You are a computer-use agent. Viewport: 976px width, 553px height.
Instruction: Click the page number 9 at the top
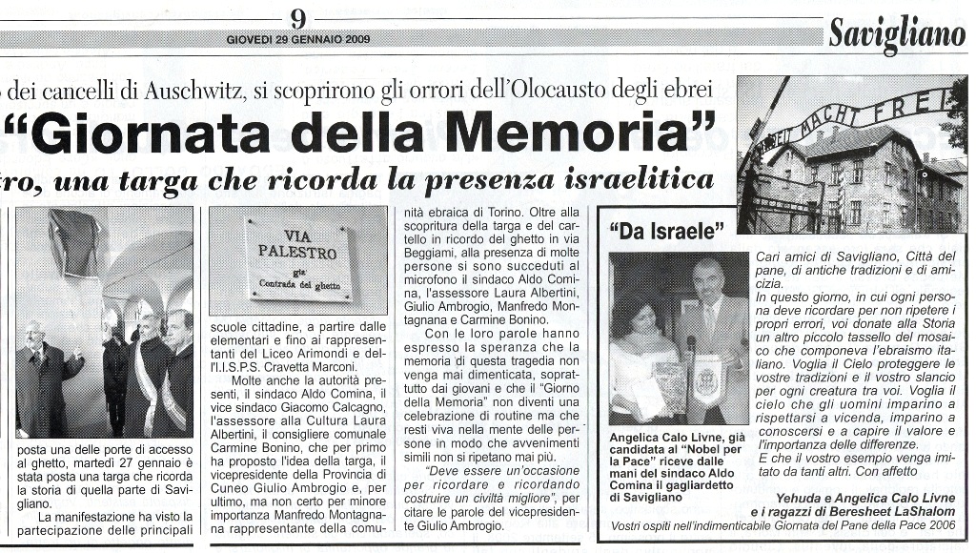298,18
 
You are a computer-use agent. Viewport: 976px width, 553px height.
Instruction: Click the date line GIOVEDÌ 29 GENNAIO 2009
298,40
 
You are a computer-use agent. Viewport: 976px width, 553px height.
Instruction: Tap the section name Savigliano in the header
896,34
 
